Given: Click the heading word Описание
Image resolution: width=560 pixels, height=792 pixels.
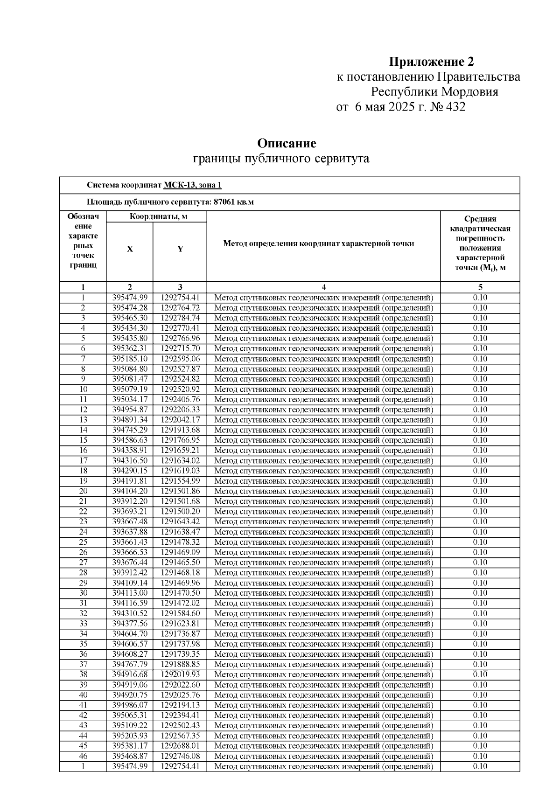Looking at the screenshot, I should click(x=287, y=143).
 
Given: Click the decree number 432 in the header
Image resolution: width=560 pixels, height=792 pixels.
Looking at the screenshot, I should click(x=455, y=107).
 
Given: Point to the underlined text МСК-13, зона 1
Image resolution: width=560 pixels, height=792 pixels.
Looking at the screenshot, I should click(x=192, y=185).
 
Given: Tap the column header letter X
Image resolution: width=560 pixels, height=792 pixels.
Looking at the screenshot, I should click(x=130, y=249).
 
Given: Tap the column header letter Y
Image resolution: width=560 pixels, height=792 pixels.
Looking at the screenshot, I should click(x=180, y=249).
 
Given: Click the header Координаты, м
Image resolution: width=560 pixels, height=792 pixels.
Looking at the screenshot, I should click(x=158, y=216).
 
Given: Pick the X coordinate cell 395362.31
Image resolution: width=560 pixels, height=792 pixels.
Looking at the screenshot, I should click(x=130, y=348).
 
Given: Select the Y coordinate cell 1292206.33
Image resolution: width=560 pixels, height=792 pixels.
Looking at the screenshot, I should click(x=180, y=410).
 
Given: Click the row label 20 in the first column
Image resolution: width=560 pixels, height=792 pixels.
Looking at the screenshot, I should click(x=83, y=491).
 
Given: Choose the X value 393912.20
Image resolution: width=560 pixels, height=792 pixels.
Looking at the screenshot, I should click(x=130, y=501).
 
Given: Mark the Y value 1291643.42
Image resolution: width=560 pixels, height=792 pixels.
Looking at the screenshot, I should click(x=180, y=521).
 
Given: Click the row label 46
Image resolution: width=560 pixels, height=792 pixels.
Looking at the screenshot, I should click(x=83, y=756).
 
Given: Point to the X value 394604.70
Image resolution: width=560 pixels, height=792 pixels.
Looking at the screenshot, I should click(x=130, y=634).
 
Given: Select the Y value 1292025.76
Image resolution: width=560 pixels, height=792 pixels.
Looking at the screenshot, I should click(x=180, y=695).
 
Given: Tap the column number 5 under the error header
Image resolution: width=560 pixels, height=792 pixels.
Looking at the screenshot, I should click(x=480, y=287).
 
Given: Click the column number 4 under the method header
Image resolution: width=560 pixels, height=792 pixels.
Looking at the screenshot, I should click(x=323, y=287).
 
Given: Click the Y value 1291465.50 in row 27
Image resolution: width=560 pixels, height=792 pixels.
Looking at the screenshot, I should click(x=180, y=563).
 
